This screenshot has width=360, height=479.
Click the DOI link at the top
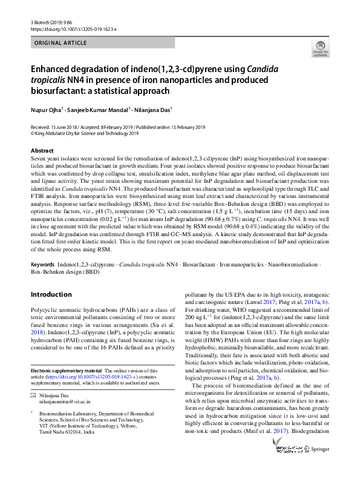pos(73,28)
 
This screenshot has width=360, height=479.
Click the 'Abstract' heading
pos(42,150)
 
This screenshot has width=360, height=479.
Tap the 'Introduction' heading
pos(51,294)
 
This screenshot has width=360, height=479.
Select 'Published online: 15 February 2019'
pos(172,127)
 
